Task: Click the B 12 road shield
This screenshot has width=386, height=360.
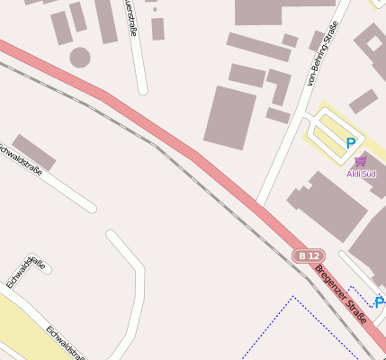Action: (308, 256)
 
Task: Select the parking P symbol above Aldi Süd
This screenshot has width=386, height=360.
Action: (351, 142)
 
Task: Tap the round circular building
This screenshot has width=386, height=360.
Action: (80, 58)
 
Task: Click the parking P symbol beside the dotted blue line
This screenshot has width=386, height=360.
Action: (379, 302)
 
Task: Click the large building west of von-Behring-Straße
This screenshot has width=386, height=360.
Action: (230, 117)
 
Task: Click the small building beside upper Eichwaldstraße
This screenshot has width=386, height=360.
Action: (34, 151)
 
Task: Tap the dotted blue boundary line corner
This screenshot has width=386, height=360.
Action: (292, 296)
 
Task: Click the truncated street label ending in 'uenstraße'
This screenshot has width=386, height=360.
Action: (133, 18)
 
